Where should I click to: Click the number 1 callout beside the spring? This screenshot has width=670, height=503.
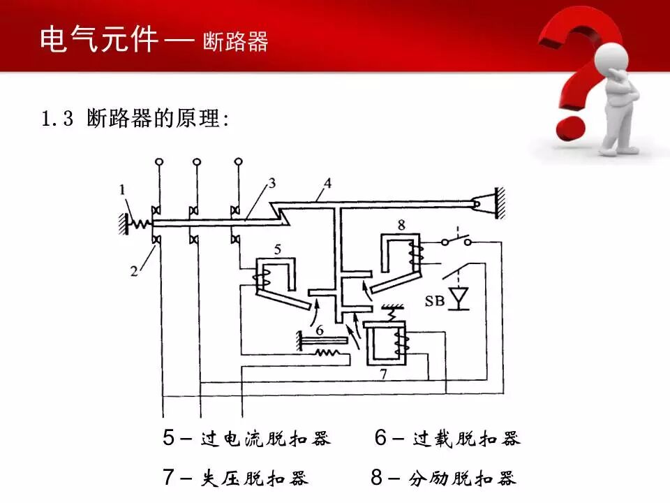(x=123, y=188)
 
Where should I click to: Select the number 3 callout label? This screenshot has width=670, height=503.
(x=271, y=183)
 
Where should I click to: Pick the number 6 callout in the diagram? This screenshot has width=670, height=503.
(x=319, y=328)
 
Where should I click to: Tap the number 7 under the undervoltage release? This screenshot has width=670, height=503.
(x=382, y=374)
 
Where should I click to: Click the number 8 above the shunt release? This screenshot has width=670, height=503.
(x=401, y=225)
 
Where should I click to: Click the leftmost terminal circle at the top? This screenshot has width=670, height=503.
(x=160, y=162)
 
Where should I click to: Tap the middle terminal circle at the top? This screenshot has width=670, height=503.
(x=198, y=162)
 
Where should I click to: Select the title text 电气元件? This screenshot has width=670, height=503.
(x=99, y=40)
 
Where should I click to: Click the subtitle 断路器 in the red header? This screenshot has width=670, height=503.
(x=235, y=41)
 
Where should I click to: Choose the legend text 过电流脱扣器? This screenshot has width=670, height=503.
(x=265, y=439)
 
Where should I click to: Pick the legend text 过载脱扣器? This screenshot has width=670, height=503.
(x=466, y=439)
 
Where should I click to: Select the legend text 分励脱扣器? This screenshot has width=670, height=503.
(x=462, y=478)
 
